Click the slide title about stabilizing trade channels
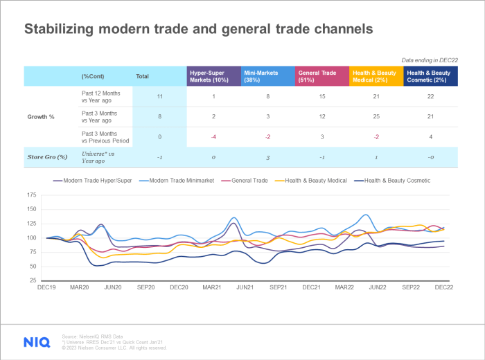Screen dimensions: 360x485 tap(199, 30)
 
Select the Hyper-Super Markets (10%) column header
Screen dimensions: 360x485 tap(213, 75)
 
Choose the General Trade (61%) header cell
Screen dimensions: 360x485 tap(321, 75)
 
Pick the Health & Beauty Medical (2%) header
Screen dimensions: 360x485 tap(376, 75)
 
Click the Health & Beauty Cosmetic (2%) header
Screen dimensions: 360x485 tap(430, 75)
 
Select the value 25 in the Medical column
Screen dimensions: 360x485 tap(376, 116)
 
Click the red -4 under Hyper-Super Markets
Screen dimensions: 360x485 tap(213, 136)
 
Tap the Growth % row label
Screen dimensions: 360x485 tap(40, 116)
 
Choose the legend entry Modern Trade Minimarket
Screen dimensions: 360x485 tap(173, 181)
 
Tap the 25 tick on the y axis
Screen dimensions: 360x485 tap(33, 280)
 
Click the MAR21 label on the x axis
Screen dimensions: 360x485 tap(213, 287)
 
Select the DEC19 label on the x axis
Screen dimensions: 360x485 tap(47, 287)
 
